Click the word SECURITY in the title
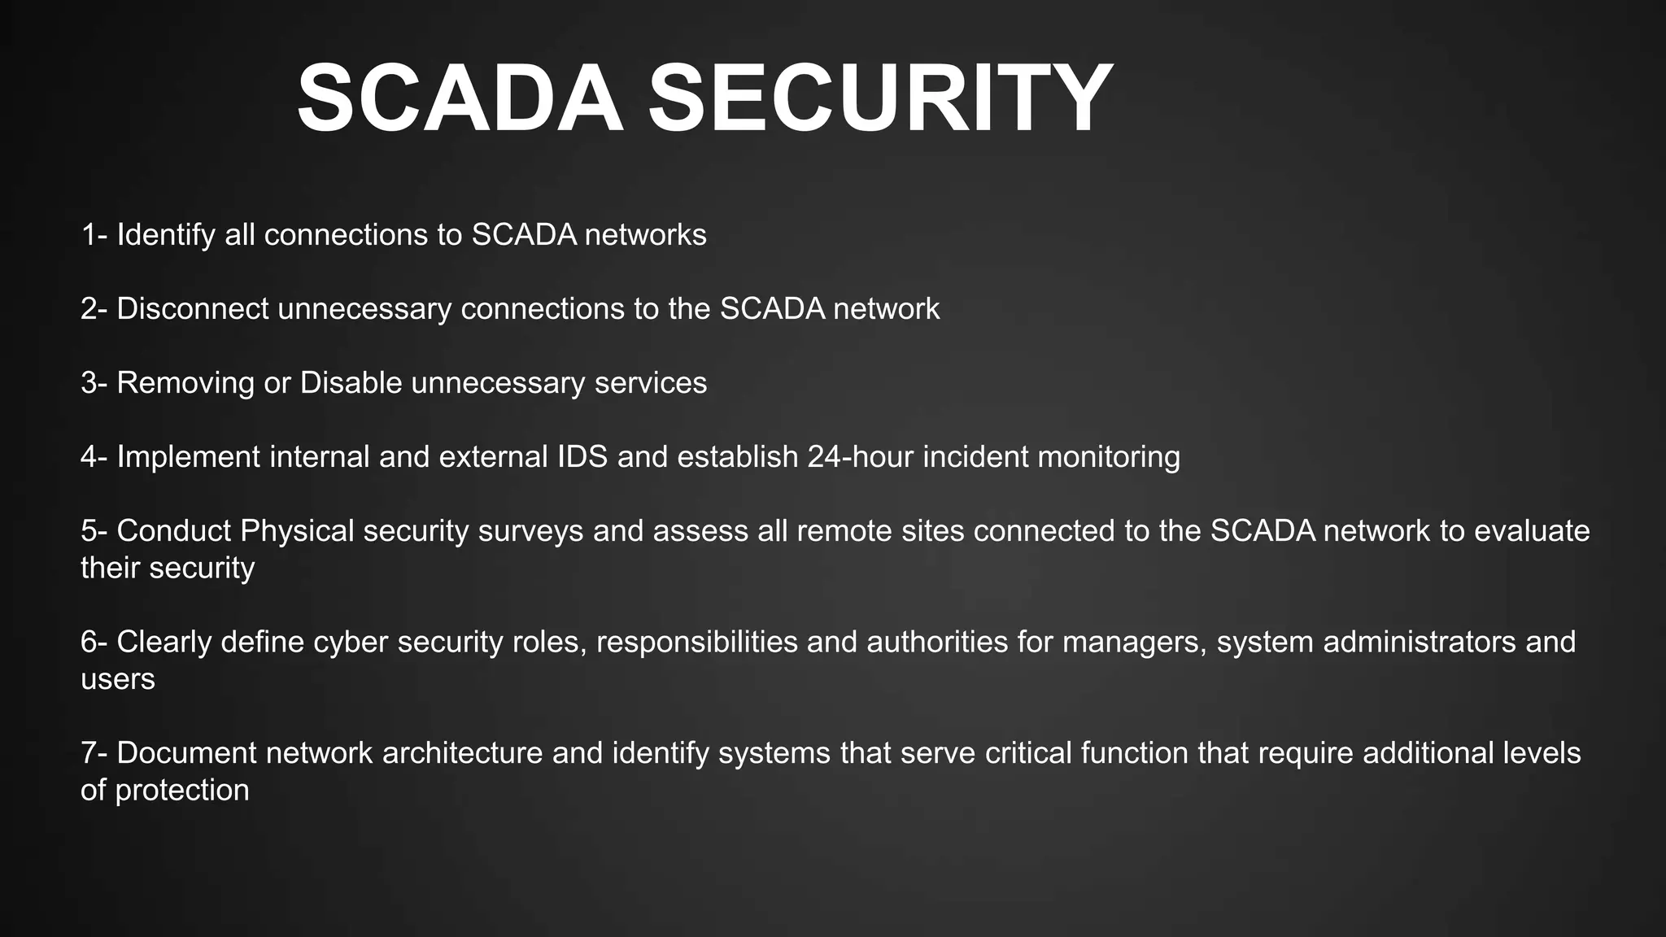[x=879, y=99]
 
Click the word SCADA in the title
[x=460, y=99]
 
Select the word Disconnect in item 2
[x=193, y=309]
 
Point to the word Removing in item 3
[x=185, y=383]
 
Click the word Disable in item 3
[x=351, y=383]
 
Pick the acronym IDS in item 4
[x=582, y=457]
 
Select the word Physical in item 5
[x=297, y=532]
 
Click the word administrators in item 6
[x=1420, y=643]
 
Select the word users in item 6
[x=118, y=679]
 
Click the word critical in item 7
[x=1028, y=753]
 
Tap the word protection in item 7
[x=182, y=791]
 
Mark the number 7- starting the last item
[x=94, y=753]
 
